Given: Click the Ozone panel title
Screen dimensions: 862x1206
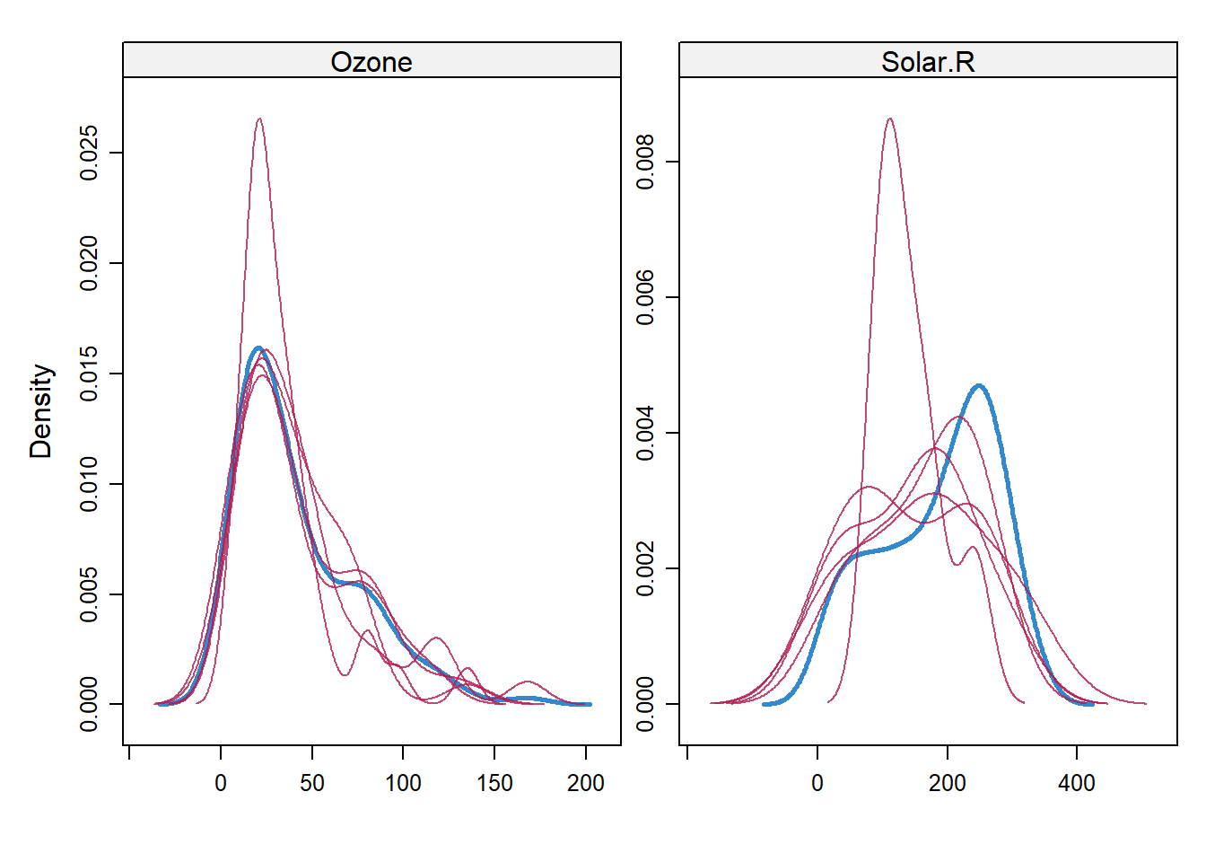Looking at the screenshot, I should coord(371,62).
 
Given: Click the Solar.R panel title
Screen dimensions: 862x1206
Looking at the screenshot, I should coord(928,62).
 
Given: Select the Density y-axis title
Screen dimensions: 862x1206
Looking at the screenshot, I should coord(41,411).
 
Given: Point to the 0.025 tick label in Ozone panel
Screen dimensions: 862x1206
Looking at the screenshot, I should coord(89,153).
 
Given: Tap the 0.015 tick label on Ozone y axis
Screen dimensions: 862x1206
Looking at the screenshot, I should coord(89,374).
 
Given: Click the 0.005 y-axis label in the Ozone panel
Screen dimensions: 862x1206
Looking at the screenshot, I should coord(89,594).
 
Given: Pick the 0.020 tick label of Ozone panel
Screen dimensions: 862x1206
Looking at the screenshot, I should coord(89,263).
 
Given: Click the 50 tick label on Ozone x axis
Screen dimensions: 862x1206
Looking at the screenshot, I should coord(312,783).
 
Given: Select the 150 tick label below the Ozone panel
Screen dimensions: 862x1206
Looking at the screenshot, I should coord(494,783).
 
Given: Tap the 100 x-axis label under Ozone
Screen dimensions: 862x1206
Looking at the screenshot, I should coord(403,783).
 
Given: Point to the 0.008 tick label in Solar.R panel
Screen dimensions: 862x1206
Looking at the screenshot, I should coord(645,163).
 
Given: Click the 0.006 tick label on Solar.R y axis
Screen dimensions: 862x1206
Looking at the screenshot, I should coord(645,298).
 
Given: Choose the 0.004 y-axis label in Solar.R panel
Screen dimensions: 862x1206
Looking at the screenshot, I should coord(645,434).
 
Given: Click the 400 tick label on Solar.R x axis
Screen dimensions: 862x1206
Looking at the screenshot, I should coord(1077,783).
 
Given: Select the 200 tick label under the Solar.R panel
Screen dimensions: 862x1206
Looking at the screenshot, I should coord(947,783).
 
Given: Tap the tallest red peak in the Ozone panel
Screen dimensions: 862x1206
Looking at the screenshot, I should coord(259,119).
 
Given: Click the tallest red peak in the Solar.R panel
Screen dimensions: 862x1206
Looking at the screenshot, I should coord(889,119).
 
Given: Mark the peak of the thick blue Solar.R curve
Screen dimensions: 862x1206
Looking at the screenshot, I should coord(979,386).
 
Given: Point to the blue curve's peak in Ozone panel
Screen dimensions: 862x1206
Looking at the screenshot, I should coord(258,347).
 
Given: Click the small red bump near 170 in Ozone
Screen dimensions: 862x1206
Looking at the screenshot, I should coord(528,682).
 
